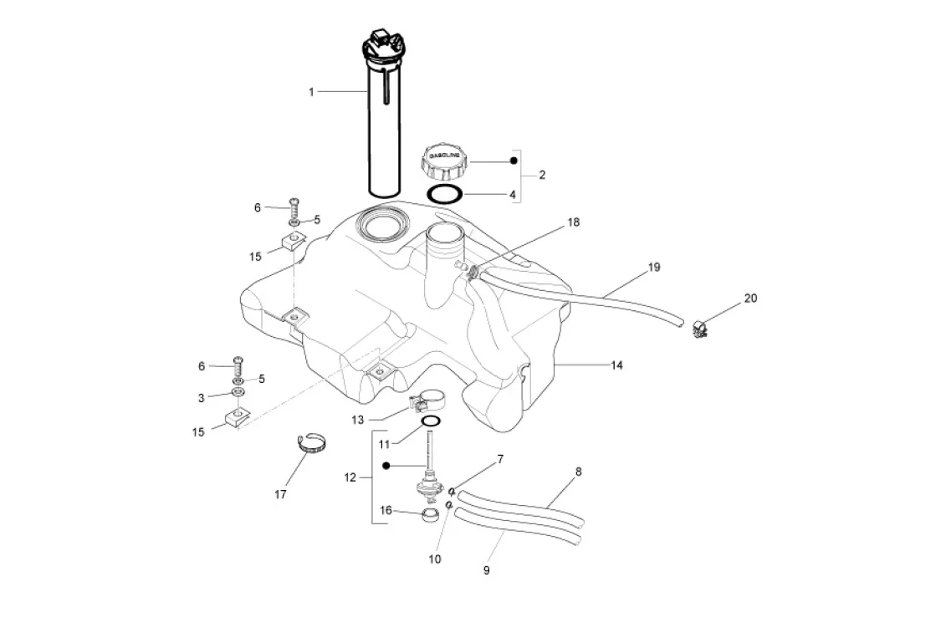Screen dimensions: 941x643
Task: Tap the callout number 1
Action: point(311,92)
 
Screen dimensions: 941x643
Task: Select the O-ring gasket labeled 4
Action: point(445,195)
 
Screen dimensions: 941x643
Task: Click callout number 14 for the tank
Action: point(616,365)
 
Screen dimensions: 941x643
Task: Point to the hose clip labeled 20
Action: point(698,329)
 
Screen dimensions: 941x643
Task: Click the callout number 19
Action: point(653,267)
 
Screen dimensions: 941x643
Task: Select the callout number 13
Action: point(357,420)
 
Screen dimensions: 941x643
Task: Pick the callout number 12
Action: point(350,477)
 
